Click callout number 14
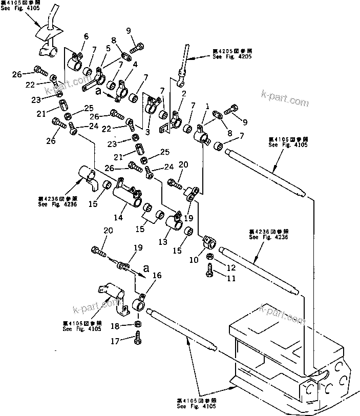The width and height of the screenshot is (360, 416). click(x=119, y=217)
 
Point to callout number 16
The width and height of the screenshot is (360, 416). click(x=157, y=275)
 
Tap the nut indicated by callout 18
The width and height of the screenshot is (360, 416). click(x=138, y=324)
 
